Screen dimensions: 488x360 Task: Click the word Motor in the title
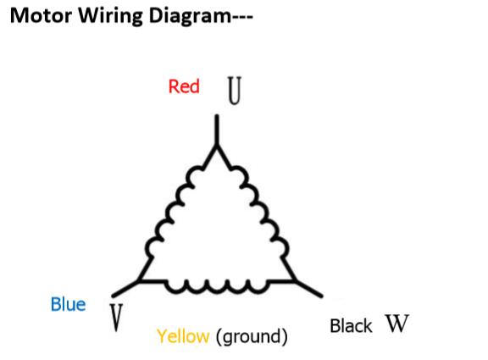41,15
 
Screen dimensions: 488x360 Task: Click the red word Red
184,86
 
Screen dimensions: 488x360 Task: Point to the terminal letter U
235,91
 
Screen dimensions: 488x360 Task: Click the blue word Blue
68,304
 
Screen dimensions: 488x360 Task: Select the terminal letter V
116,318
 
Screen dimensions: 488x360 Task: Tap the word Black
351,326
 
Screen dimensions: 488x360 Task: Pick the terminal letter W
396,324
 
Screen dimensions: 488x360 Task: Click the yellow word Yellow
183,336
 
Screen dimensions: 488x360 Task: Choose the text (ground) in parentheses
252,337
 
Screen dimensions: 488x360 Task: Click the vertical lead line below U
217,130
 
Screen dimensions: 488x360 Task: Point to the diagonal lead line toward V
125,289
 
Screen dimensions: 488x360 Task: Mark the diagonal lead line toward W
308,289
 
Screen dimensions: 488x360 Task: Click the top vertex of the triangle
217,147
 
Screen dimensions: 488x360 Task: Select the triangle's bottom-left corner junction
140,280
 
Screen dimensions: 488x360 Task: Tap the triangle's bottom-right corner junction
294,280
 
